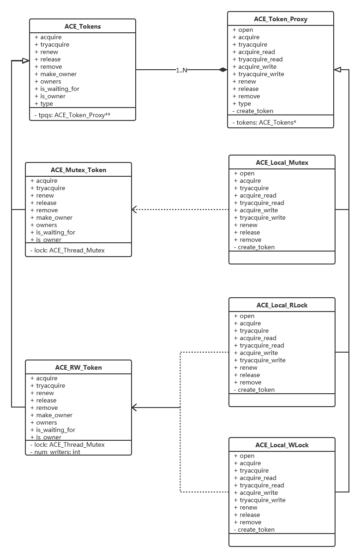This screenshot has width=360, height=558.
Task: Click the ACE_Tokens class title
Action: point(83,26)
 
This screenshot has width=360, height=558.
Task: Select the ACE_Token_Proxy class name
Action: point(281,19)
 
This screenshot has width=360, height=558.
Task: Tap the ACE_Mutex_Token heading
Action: point(78,170)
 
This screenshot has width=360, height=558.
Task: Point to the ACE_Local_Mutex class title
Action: point(282,162)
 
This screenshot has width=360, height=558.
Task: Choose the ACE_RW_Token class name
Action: point(78,367)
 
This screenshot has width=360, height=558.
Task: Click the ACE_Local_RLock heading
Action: point(282,305)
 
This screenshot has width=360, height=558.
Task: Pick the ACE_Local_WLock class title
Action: point(282,445)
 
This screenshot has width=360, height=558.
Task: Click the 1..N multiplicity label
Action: point(181,70)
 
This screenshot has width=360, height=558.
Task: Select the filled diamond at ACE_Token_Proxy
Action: point(223,70)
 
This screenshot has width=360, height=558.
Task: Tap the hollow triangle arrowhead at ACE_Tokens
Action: point(26,60)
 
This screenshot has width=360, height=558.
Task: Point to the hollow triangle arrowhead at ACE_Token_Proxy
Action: point(337,70)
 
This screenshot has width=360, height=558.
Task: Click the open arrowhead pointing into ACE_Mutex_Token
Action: point(134,210)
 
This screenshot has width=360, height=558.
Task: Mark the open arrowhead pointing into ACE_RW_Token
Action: point(134,408)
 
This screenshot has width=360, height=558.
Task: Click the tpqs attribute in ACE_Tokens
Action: point(72,115)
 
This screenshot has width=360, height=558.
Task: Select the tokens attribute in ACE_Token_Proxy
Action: point(264,123)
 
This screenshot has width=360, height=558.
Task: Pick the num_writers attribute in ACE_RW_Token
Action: point(55,452)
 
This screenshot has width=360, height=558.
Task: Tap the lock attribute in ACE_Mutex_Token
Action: point(67,250)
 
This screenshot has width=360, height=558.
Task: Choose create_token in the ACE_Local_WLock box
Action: point(254,529)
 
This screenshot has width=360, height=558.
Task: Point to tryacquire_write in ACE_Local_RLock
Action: point(259,360)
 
